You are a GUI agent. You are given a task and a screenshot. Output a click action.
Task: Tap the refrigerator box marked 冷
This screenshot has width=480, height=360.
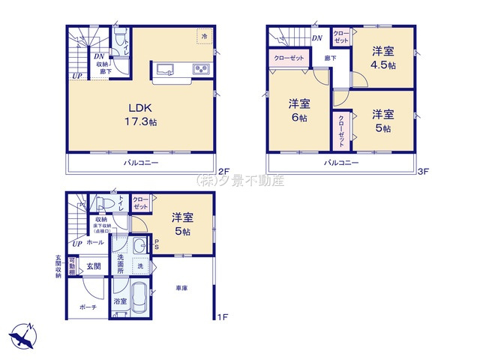tap(203, 35)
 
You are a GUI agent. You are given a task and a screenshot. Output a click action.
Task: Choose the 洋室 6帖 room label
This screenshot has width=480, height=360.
tap(298, 112)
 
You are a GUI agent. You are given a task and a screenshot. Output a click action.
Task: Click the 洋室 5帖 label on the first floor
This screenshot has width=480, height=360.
tap(182, 224)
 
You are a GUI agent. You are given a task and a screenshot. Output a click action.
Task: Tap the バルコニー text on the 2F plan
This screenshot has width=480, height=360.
tap(141, 163)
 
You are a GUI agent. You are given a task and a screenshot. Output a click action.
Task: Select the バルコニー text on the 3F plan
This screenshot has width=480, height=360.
tap(341, 163)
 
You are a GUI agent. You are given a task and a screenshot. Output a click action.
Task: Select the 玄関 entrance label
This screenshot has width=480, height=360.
tap(93, 265)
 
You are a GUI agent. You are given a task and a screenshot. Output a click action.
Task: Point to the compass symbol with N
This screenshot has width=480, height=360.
tap(23, 336)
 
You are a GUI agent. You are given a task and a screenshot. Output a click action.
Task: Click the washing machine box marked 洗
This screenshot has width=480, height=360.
tap(140, 266)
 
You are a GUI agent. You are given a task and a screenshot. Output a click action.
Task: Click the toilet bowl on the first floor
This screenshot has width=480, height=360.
tap(105, 205)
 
